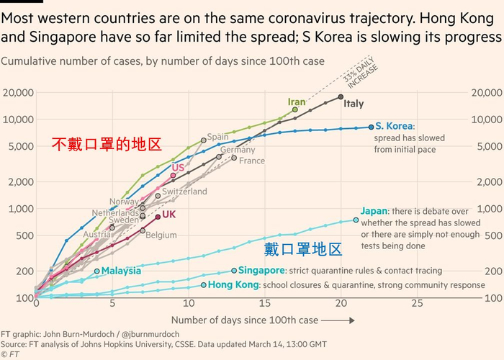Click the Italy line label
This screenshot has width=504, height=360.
click(x=354, y=104)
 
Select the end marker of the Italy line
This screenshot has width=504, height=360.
click(x=341, y=96)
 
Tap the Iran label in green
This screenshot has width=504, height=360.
click(x=297, y=102)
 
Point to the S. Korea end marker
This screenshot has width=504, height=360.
click(x=371, y=127)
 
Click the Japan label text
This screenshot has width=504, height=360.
click(x=374, y=211)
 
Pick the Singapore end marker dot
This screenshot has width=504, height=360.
click(x=234, y=271)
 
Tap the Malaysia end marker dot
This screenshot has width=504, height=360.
click(x=96, y=271)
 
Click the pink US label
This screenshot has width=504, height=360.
click(x=178, y=168)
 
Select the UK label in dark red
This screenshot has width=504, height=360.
click(x=169, y=215)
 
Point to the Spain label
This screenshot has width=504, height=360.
click(x=217, y=137)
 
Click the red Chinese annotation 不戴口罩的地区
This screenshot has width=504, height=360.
click(x=106, y=144)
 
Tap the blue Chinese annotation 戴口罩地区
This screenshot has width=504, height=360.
click(x=302, y=250)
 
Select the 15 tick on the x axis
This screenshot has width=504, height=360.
click(x=264, y=304)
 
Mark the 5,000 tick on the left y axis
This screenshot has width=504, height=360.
click(x=20, y=146)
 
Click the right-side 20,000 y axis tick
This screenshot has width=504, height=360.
click(x=486, y=93)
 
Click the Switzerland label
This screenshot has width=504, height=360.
click(x=184, y=192)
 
